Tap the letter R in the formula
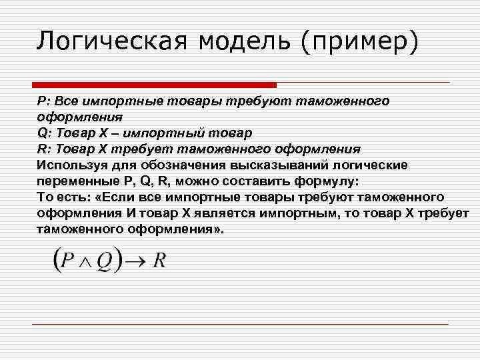point(159,261)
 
